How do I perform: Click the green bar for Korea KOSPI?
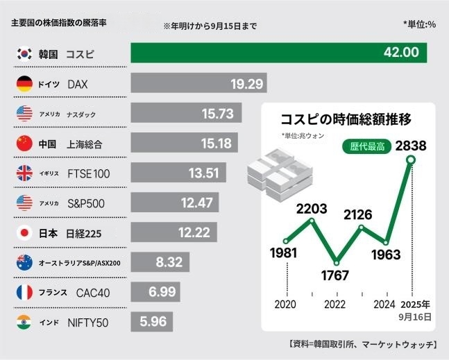(x=278, y=53)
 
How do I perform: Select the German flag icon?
(x=24, y=84)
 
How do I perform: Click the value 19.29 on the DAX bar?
(x=247, y=84)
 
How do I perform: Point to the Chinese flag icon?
(x=24, y=144)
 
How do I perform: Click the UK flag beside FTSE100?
(x=24, y=173)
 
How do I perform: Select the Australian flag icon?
(x=24, y=263)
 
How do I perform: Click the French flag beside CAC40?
(x=24, y=293)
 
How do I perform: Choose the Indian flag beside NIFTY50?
(x=24, y=323)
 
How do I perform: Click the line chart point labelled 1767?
(x=337, y=263)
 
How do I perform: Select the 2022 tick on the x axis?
(x=334, y=305)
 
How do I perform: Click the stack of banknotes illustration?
(x=273, y=170)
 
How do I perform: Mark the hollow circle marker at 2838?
(x=411, y=161)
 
